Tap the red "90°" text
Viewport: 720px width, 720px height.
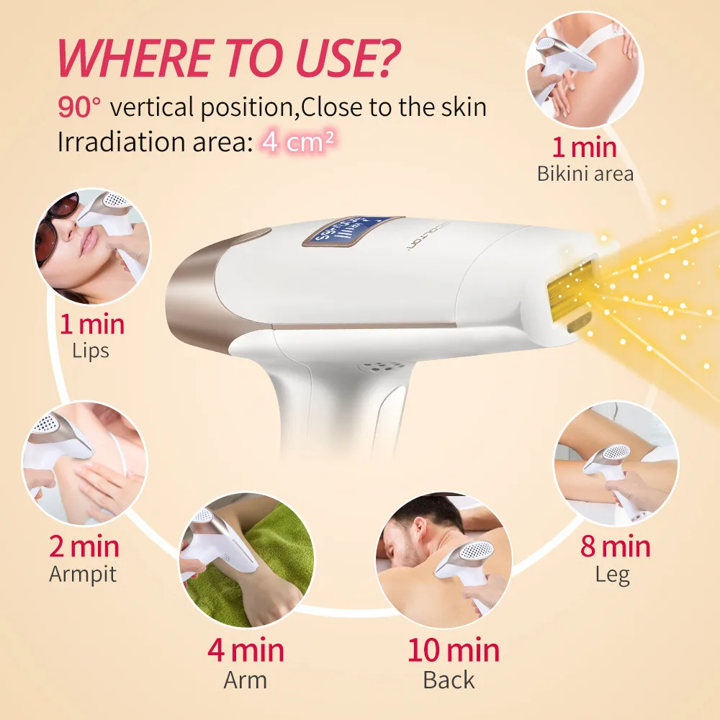pyautogui.click(x=80, y=107)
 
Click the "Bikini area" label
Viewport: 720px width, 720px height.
pyautogui.click(x=585, y=174)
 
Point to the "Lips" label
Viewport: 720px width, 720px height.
pyautogui.click(x=91, y=351)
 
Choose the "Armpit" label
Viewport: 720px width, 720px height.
pyautogui.click(x=83, y=575)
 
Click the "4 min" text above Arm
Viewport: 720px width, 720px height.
pyautogui.click(x=246, y=650)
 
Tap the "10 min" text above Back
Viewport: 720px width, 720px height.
pyautogui.click(x=453, y=650)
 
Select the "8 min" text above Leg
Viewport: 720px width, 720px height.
pyautogui.click(x=615, y=546)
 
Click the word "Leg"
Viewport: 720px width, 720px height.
pyautogui.click(x=613, y=575)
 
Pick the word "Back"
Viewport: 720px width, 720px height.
pyautogui.click(x=449, y=679)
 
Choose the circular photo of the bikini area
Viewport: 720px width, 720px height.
pyautogui.click(x=583, y=68)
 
